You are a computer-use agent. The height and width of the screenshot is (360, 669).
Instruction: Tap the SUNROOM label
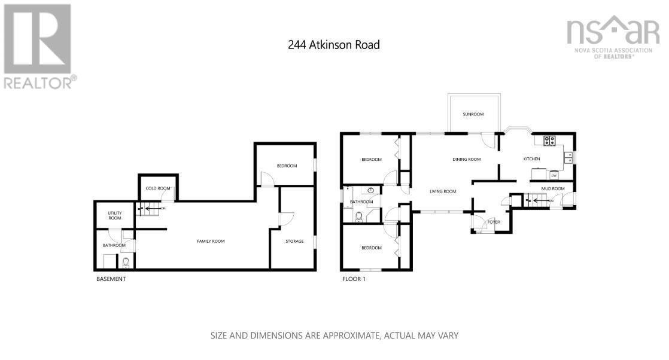[473, 114]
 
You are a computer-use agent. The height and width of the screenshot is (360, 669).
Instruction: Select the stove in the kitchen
[549, 141]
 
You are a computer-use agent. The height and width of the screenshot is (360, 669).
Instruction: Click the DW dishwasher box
[554, 175]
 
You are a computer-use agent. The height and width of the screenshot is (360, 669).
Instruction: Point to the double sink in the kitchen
[568, 158]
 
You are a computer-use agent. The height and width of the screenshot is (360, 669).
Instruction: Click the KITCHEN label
[531, 159]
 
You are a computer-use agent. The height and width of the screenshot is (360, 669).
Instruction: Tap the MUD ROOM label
[552, 189]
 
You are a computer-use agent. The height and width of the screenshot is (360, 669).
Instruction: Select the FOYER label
[494, 222]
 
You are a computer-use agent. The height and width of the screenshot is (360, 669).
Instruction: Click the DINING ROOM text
[466, 160]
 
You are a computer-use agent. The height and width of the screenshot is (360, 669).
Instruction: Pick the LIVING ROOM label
[443, 192]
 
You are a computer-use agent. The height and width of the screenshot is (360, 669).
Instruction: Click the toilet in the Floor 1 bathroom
[359, 217]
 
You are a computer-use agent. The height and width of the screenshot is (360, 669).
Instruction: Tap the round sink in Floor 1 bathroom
[371, 191]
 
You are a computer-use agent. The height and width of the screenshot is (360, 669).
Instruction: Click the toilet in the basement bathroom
[126, 263]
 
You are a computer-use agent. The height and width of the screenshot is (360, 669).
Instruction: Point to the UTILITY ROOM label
[114, 215]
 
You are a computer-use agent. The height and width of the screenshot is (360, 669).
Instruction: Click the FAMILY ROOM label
[211, 241]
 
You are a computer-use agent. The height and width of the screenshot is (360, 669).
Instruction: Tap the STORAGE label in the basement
[295, 241]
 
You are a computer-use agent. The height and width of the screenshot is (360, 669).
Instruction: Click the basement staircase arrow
[147, 209]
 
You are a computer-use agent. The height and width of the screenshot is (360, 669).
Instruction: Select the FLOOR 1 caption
[353, 279]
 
